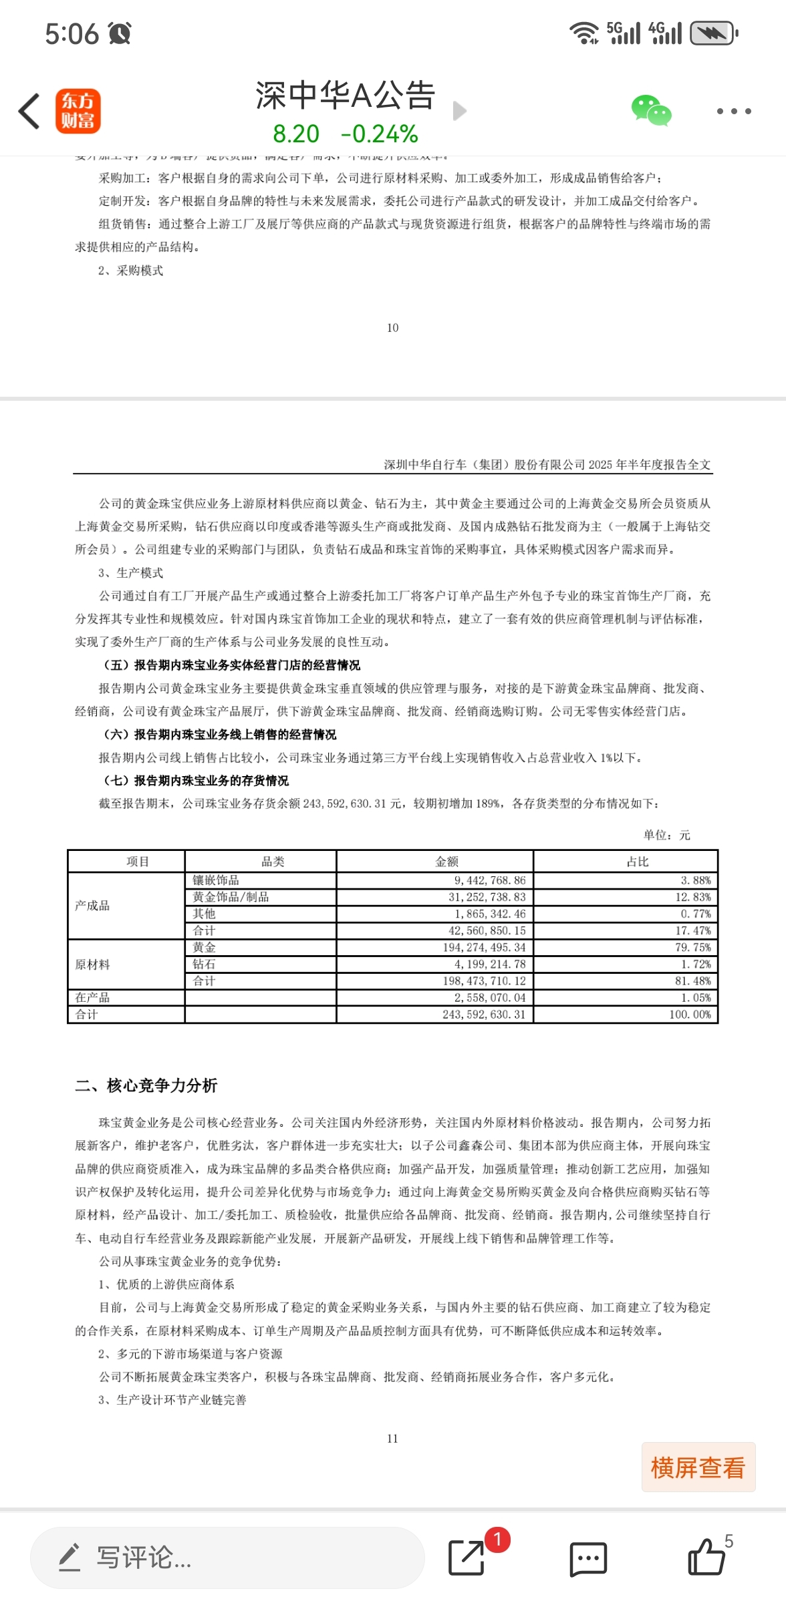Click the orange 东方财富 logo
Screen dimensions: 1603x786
click(x=78, y=111)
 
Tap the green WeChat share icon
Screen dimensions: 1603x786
click(x=651, y=111)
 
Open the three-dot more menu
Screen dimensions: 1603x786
click(x=734, y=111)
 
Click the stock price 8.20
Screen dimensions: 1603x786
click(x=296, y=134)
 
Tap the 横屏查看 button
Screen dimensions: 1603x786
click(x=698, y=1467)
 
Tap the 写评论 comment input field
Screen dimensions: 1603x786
click(x=227, y=1558)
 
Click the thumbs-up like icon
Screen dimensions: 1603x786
click(x=706, y=1557)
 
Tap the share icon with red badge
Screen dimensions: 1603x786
click(x=467, y=1557)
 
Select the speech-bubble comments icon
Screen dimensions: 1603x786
click(x=588, y=1558)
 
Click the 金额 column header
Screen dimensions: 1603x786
click(x=446, y=862)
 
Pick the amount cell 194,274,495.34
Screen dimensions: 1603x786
click(x=484, y=948)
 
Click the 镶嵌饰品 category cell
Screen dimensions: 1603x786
click(x=216, y=880)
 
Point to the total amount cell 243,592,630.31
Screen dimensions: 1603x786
click(x=484, y=1015)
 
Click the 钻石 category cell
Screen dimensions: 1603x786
click(x=205, y=964)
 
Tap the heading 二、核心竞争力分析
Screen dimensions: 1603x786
click(x=146, y=1085)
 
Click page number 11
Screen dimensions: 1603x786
click(x=392, y=1438)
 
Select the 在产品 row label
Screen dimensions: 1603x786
click(x=92, y=998)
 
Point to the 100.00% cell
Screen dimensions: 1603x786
click(x=690, y=1015)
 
